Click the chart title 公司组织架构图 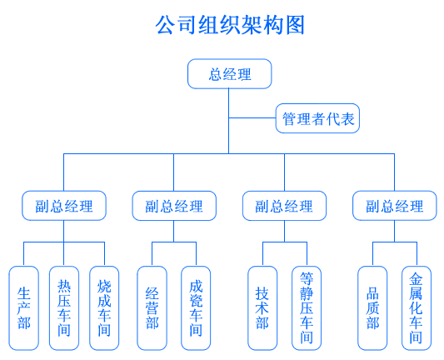tap(230, 25)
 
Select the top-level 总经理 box tap(230, 74)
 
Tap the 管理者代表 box tap(317, 118)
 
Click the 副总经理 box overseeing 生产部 tap(64, 206)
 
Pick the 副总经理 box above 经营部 tap(174, 206)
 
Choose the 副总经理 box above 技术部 tap(284, 206)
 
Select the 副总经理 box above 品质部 tap(395, 206)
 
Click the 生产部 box tap(24, 308)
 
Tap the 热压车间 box tap(64, 308)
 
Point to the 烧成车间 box tap(104, 308)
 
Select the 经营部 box tap(152, 308)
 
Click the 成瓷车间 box tap(196, 308)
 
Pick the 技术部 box tap(262, 308)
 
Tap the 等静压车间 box tap(307, 308)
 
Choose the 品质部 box tap(372, 308)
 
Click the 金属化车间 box tap(417, 308)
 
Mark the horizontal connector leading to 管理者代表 tap(252, 117)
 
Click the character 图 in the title tap(295, 25)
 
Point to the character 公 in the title tap(165, 25)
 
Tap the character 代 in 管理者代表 tap(333, 118)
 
